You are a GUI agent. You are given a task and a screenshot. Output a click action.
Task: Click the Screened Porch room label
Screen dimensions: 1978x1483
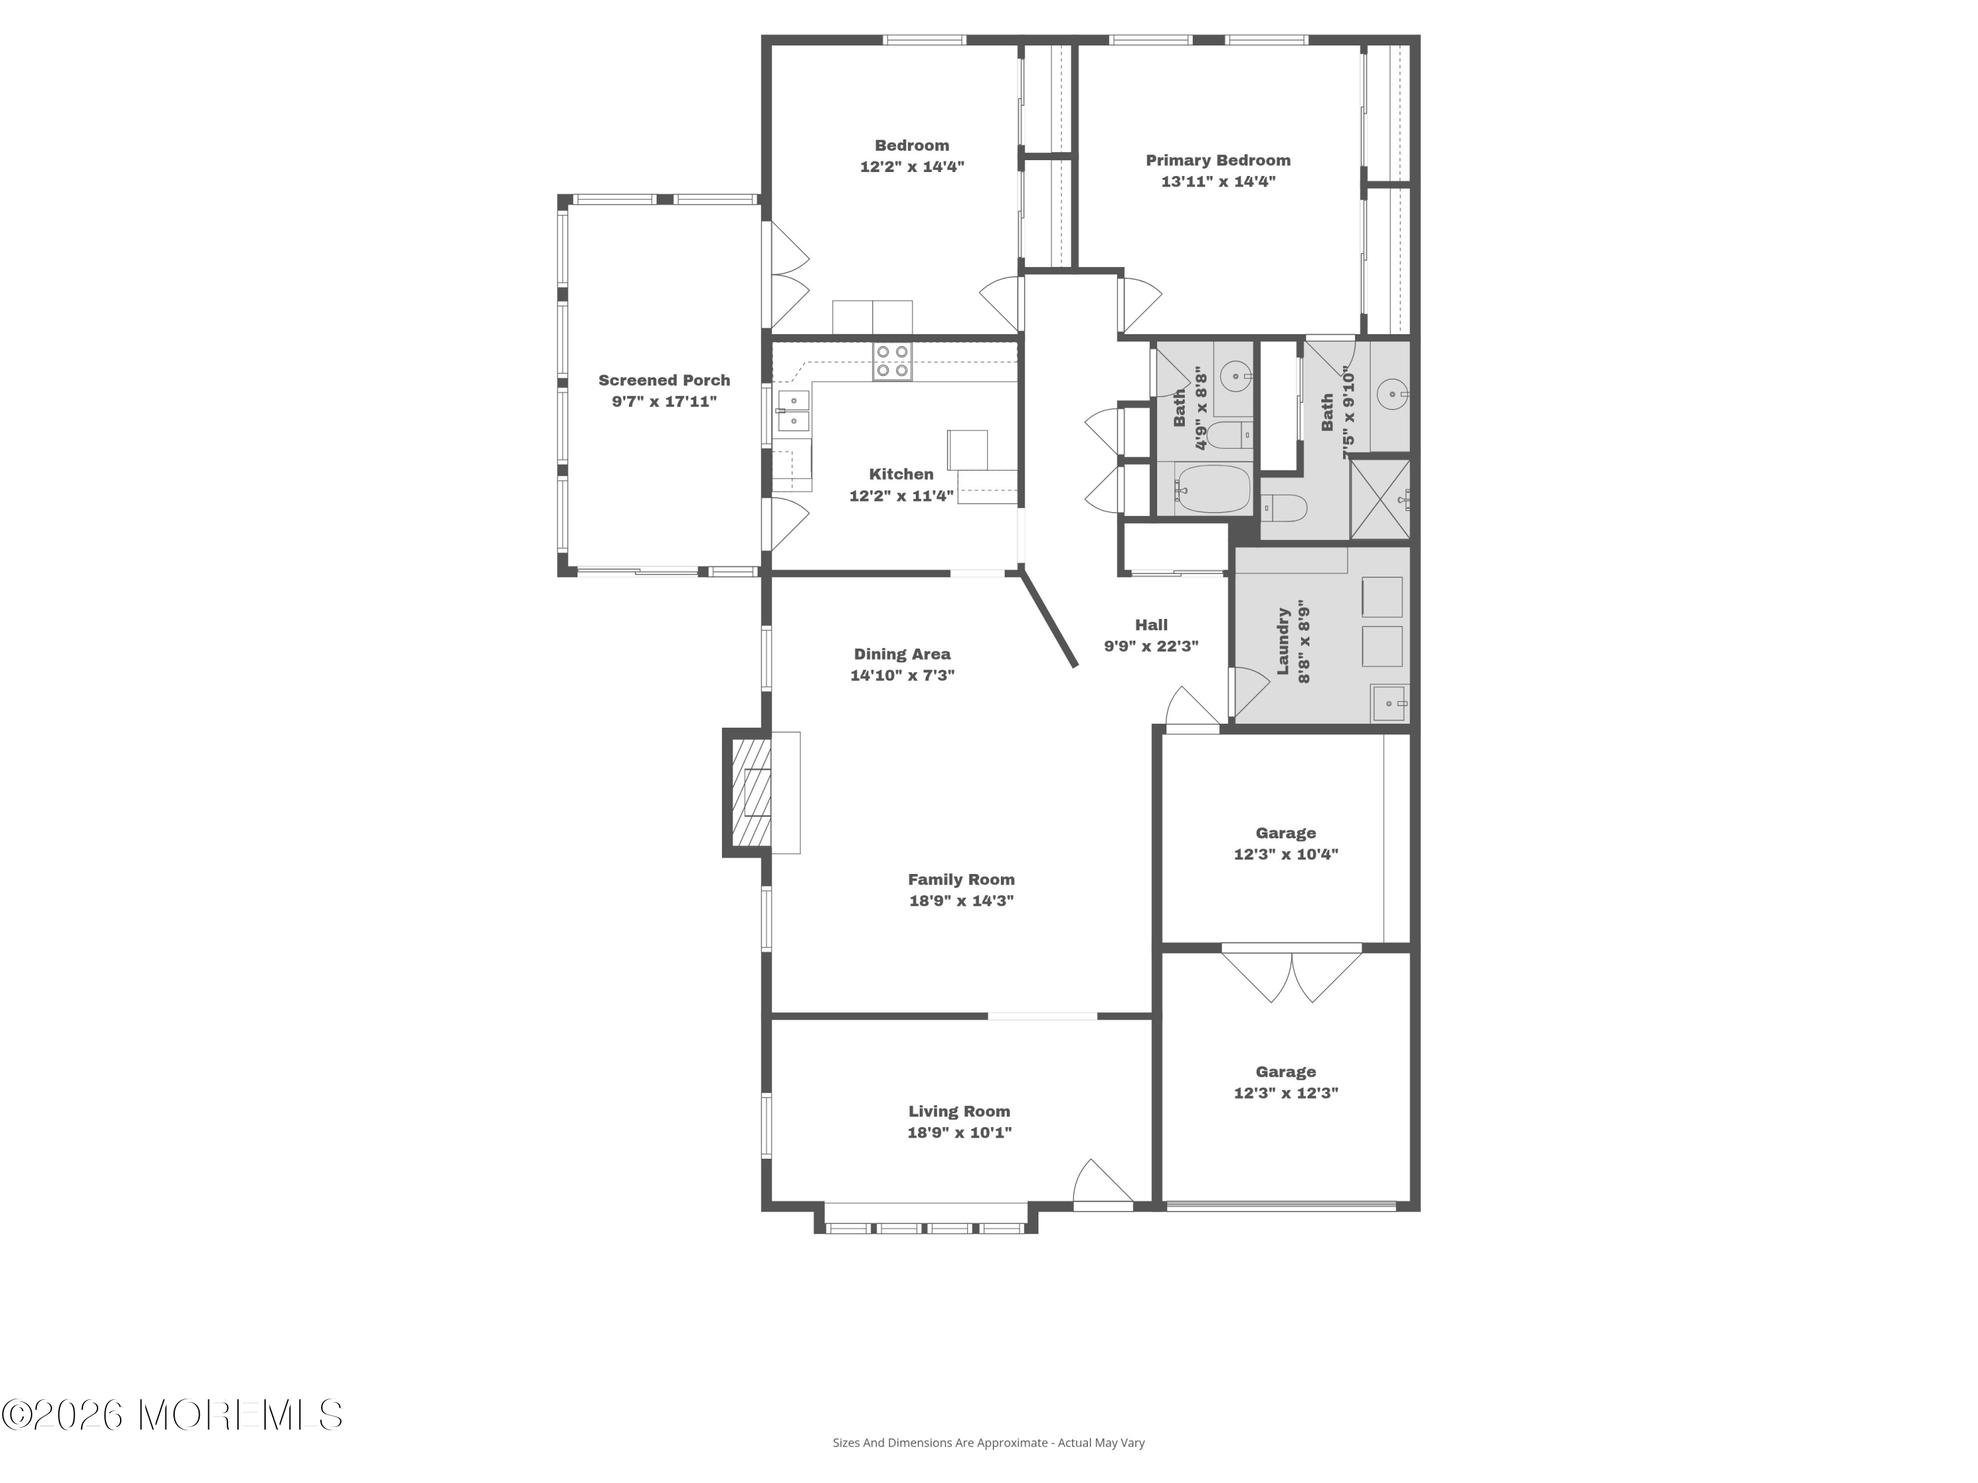coord(665,380)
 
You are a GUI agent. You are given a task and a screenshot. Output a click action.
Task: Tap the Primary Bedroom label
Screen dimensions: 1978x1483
coord(1218,160)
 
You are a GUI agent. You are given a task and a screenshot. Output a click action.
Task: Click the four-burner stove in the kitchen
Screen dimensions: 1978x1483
coord(893,361)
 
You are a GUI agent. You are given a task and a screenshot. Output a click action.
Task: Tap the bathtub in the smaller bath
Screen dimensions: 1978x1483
coord(1213,488)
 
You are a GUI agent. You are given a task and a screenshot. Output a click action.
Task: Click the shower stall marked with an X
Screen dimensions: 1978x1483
coord(1380,500)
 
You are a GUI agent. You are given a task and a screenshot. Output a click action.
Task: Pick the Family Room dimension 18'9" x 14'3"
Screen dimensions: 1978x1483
coord(961,900)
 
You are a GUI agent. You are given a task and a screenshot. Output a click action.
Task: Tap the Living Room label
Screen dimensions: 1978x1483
coord(959,1111)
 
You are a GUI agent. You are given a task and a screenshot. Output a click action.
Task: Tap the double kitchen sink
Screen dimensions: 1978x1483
coord(793,411)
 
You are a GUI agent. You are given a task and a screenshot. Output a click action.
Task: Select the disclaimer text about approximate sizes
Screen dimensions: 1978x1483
coord(988,1467)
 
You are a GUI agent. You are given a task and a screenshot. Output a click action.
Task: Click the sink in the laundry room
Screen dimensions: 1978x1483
coord(1391,703)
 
